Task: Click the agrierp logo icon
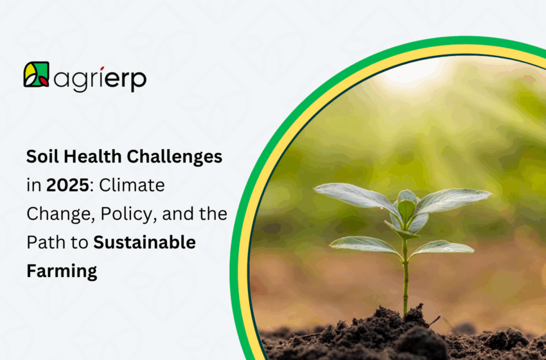[x=36, y=75]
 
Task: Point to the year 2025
[x=64, y=186]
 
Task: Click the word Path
[x=44, y=243]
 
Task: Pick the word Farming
[x=62, y=271]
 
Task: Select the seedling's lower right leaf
[x=443, y=248]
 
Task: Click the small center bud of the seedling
[x=406, y=207]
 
